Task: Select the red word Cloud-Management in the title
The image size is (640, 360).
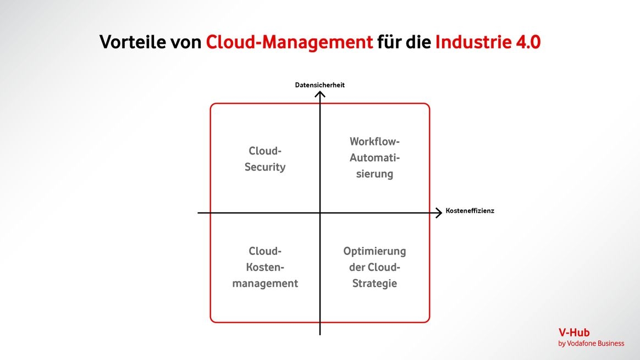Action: [289, 42]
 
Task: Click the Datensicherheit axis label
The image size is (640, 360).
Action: [319, 85]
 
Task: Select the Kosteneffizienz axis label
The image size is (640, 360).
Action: [470, 211]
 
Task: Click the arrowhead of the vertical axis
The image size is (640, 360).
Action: [320, 95]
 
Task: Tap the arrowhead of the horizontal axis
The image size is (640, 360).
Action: [438, 213]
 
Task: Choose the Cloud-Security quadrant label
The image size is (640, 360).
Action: [265, 159]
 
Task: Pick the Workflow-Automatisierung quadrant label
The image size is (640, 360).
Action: [374, 158]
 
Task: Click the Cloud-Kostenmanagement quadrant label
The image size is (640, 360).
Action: [265, 267]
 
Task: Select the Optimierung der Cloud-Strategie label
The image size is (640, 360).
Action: [374, 267]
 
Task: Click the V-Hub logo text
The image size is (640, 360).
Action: [573, 333]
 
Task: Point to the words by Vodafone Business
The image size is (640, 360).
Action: [591, 344]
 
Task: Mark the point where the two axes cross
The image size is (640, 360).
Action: [320, 213]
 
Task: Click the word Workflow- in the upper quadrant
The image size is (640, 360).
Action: [374, 141]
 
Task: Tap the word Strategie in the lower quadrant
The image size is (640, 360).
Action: [374, 284]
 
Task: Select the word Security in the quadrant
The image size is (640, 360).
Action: [265, 167]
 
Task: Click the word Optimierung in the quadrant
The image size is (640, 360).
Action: [374, 251]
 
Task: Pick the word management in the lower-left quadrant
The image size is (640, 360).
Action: [265, 284]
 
